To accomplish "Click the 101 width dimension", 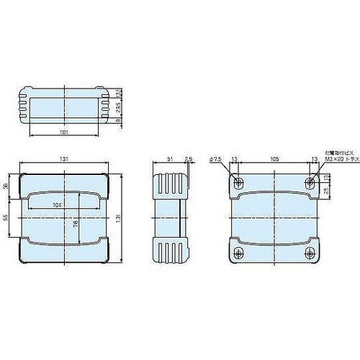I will point(66,132).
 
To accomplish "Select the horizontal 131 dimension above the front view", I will point(66,160).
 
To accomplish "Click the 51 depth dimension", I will point(169,160).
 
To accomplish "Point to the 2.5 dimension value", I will point(188,160).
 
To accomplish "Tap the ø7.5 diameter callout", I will point(215,160).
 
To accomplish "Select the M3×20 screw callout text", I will point(335,159).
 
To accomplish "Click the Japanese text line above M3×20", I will point(335,153).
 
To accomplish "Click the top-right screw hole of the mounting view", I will point(310,181).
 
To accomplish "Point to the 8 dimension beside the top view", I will point(118,122).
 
